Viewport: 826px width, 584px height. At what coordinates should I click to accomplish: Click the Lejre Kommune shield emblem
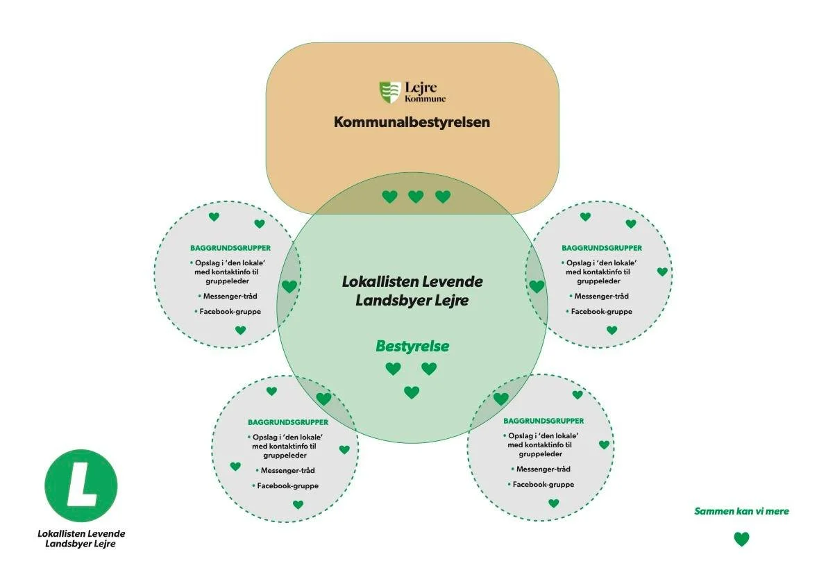point(390,92)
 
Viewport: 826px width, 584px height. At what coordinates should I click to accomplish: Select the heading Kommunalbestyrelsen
point(412,122)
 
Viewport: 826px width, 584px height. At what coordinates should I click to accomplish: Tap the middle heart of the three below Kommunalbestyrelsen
point(416,197)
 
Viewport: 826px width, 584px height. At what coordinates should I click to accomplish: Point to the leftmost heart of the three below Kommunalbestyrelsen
point(390,197)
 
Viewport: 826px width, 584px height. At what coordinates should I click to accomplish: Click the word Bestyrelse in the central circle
point(412,346)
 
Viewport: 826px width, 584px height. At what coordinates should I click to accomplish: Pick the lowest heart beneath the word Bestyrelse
point(412,392)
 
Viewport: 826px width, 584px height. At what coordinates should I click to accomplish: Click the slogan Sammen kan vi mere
point(741,511)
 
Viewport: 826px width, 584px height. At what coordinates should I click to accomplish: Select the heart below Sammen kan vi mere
point(741,539)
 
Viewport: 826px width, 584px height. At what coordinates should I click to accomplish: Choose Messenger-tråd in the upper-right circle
point(600,296)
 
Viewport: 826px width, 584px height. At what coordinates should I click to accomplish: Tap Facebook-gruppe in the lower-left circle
point(287,485)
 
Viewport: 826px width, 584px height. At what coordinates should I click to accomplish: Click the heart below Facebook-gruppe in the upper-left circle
point(240,331)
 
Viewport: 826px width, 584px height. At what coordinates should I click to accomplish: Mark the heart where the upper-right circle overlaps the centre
point(537,286)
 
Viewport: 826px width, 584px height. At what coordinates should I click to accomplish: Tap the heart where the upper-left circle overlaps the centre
point(289,286)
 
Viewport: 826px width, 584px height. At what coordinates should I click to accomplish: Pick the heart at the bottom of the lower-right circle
point(553,503)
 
